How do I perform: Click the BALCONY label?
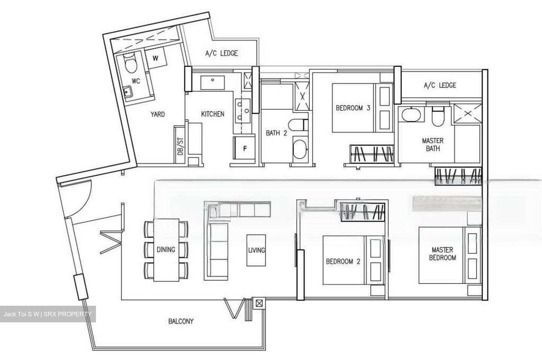click(x=181, y=321)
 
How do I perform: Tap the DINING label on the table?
click(x=166, y=249)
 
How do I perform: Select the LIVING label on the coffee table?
click(x=256, y=250)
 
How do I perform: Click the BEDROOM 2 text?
click(x=343, y=261)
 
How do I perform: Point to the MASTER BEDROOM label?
click(x=442, y=254)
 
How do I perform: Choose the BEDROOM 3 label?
click(x=353, y=108)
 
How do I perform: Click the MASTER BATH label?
click(x=432, y=145)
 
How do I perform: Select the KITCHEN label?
click(x=213, y=114)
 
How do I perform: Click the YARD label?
click(x=157, y=114)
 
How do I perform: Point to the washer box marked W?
click(x=156, y=58)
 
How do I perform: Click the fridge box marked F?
click(x=244, y=149)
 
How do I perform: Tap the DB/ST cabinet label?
click(x=180, y=146)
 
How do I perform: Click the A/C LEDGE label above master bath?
click(x=440, y=85)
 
